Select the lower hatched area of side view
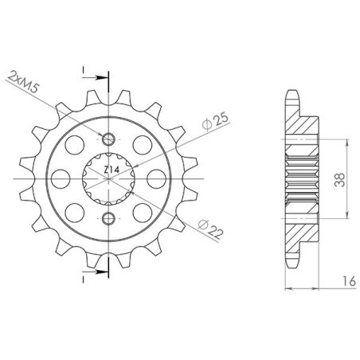(301, 231)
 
